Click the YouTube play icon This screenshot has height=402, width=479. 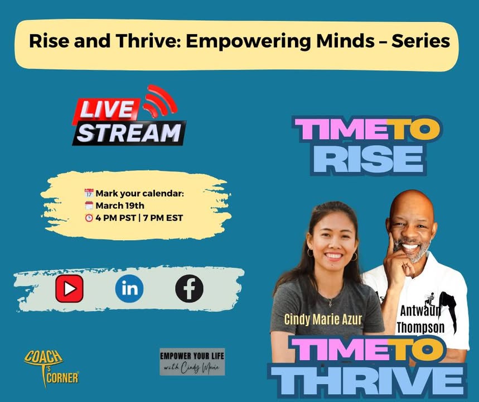coord(69,289)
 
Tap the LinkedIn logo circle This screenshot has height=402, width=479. coord(129,289)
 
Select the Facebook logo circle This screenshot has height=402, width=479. coord(189,289)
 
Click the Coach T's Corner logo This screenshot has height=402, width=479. coord(51,368)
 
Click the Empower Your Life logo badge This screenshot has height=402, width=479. coord(192,362)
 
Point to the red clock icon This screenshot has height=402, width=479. coord(89,218)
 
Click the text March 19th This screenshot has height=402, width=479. coord(120,205)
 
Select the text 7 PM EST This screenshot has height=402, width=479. coord(163,218)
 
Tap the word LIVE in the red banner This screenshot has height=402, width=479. coord(107,109)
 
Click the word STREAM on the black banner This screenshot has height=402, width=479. coord(129,133)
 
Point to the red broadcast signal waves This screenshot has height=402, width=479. coord(161,100)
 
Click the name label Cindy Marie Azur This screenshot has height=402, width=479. coord(323,319)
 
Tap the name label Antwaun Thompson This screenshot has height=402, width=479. coord(420,319)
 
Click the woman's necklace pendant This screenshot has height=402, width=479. coord(330,303)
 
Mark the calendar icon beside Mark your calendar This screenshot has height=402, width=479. coord(89,193)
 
